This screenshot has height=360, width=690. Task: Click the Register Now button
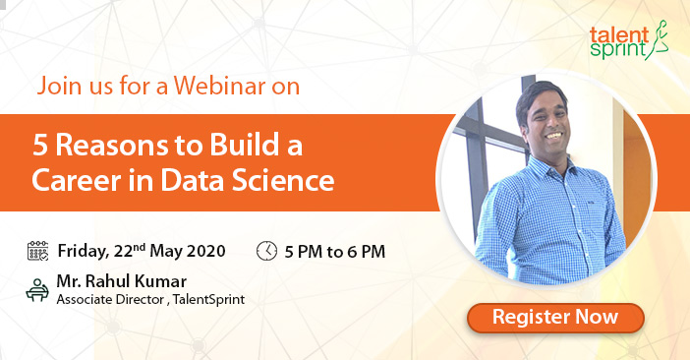coord(554,318)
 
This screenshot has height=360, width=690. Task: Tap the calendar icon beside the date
coord(38,250)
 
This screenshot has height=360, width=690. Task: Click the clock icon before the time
coord(266,250)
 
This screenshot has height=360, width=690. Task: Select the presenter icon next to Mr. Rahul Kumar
coord(37,288)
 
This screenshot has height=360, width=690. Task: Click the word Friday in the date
coord(83,250)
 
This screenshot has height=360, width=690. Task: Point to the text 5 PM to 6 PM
coord(334,251)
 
